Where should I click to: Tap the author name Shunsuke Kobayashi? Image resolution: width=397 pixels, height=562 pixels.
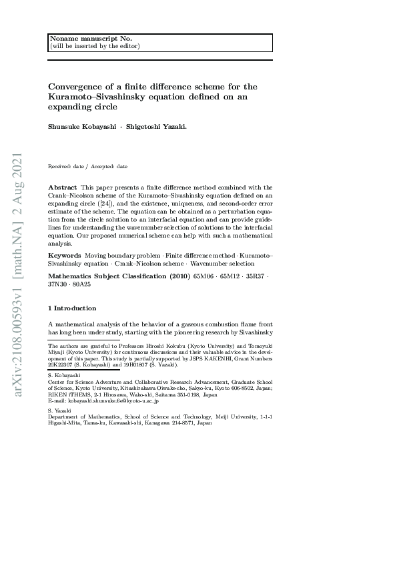pos(80,125)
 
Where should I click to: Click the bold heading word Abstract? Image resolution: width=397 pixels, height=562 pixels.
pos(63,188)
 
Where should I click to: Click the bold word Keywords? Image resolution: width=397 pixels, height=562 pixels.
pos(64,256)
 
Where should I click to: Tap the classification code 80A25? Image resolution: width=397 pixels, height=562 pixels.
pos(81,284)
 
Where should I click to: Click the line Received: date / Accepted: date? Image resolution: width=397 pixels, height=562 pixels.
pos(88,166)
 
